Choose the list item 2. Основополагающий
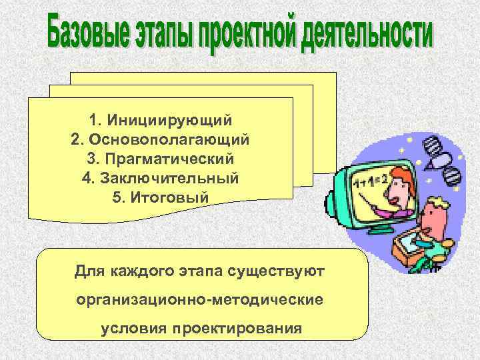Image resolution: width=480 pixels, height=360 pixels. [x=160, y=141]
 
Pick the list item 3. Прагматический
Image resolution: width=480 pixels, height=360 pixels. [x=160, y=160]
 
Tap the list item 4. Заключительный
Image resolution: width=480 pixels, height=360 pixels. [x=160, y=179]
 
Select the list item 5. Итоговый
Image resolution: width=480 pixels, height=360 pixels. [x=160, y=199]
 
